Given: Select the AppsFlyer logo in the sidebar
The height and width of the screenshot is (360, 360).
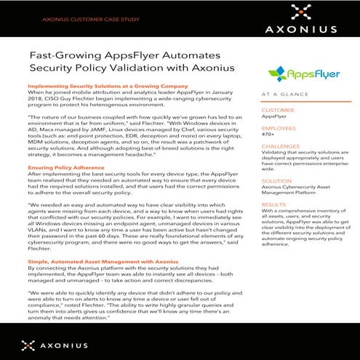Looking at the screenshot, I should (x=298, y=74).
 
